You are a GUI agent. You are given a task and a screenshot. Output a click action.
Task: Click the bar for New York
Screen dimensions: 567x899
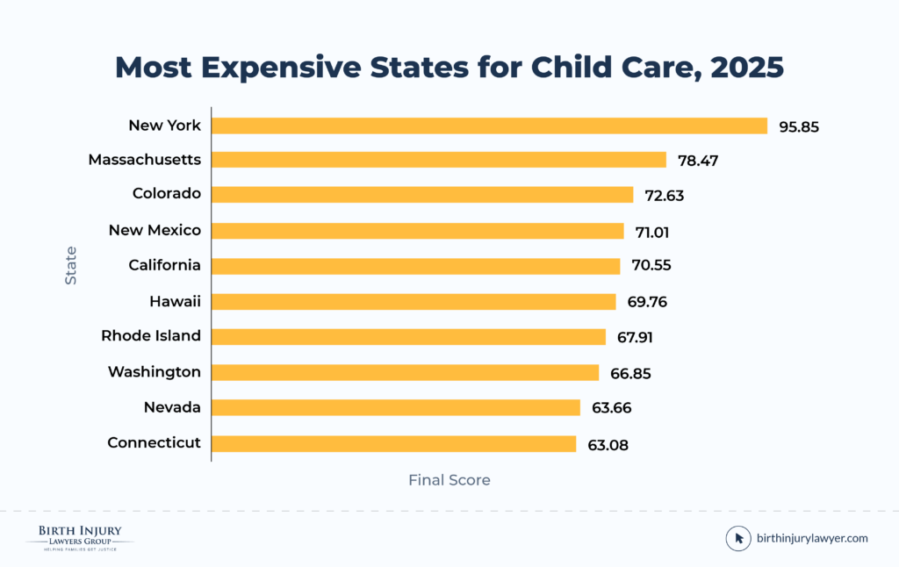click(x=489, y=126)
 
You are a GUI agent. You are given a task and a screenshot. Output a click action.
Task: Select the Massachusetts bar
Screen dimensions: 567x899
click(x=439, y=160)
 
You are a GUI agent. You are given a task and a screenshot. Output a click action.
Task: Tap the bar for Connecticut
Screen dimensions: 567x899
click(x=393, y=443)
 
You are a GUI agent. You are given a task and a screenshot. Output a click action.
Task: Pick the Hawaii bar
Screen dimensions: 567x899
click(x=414, y=302)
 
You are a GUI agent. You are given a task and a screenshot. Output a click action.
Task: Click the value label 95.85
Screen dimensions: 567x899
click(x=799, y=126)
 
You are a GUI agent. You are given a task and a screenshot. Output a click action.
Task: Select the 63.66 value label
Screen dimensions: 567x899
click(x=610, y=408)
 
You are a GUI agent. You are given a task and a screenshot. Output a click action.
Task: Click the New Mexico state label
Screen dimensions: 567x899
click(x=155, y=230)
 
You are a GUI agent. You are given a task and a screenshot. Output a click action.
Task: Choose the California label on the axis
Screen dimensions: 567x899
click(x=164, y=265)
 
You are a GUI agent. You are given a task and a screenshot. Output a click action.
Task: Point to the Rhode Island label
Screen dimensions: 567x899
click(x=151, y=335)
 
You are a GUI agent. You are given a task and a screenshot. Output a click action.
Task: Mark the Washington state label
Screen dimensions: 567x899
click(x=155, y=372)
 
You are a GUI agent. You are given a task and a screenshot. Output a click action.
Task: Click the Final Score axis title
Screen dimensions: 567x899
click(x=449, y=480)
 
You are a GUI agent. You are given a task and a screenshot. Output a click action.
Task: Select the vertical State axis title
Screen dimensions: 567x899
click(x=70, y=265)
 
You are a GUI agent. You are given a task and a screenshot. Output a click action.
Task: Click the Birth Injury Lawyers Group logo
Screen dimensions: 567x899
click(x=79, y=536)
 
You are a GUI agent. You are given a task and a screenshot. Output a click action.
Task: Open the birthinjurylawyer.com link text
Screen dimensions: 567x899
click(x=812, y=538)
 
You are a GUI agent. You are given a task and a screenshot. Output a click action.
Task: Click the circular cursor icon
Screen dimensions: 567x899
click(x=738, y=538)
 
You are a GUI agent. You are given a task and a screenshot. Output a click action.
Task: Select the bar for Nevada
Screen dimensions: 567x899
click(x=396, y=407)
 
